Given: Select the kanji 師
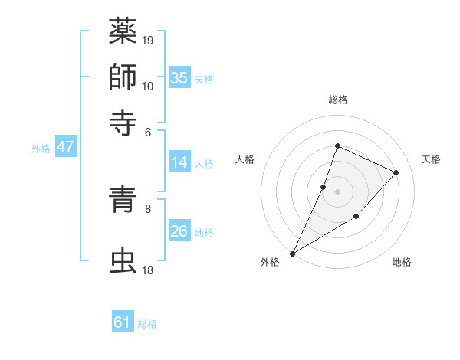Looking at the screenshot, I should tap(123, 77).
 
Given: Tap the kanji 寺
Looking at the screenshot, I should tap(123, 119).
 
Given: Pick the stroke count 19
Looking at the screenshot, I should tap(148, 39).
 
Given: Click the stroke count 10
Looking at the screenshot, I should tap(148, 86).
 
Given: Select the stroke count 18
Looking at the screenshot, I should tap(148, 270).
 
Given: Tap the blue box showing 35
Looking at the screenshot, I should tap(179, 77).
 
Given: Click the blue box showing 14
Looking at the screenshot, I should tap(179, 162).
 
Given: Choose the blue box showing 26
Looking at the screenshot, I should tap(179, 231).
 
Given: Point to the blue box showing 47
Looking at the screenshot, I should tap(65, 147).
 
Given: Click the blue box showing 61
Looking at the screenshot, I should tap(123, 322).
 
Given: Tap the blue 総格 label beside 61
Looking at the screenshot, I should tap(147, 324).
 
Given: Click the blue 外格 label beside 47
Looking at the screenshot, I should tap(41, 149).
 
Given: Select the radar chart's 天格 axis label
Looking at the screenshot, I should tap(431, 159).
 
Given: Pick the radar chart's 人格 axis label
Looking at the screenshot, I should tap(245, 159).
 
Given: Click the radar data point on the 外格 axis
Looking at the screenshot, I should tap(292, 254).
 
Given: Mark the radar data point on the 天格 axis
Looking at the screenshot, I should tap(396, 172).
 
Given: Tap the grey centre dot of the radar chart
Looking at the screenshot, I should tap(337, 191).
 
